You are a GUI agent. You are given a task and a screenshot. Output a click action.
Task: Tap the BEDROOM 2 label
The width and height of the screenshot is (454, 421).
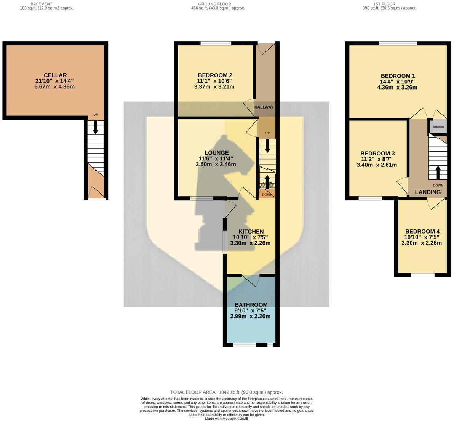tap(215, 75)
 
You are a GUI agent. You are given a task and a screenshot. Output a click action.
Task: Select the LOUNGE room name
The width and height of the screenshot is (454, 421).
tap(216, 153)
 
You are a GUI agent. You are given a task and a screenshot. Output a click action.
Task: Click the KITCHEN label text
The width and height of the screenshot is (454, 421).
tap(251, 232)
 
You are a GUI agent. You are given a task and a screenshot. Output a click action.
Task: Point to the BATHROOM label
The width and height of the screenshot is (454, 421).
tap(251, 305)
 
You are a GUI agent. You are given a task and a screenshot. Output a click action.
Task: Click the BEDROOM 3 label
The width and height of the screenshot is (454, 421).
tap(377, 153)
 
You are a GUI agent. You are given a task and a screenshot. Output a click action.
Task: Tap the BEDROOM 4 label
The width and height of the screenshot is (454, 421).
tap(422, 231)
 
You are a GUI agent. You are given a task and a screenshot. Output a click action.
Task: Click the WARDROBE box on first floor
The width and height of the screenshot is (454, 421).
tap(438, 127)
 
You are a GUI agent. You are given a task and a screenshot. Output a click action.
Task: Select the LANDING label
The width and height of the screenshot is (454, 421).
tap(427, 192)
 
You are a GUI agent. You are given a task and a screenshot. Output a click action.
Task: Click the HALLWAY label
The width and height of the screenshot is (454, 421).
tap(264, 107)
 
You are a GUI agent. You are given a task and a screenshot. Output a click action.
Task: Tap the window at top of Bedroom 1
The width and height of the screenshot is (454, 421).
tap(398, 43)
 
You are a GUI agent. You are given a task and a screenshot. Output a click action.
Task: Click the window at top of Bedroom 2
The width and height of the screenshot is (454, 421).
tap(216, 43)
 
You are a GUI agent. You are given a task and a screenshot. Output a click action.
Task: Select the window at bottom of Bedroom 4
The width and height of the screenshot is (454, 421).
tap(423, 275)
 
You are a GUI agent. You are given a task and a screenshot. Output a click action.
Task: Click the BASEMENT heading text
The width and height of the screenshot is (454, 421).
tap(42, 4)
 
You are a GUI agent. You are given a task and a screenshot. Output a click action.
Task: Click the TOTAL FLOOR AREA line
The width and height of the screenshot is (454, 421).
tap(226, 392)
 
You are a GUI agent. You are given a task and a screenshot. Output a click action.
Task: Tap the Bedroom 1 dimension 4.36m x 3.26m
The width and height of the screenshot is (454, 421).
tap(397, 87)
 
